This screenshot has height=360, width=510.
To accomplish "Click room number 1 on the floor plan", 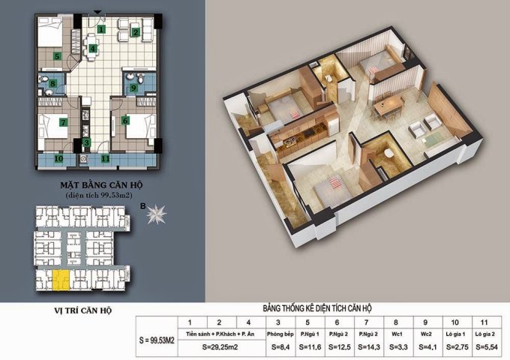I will (100, 29).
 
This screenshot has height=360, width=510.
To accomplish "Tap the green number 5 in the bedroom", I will (57, 56).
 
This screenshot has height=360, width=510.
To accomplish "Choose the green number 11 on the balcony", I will (106, 158).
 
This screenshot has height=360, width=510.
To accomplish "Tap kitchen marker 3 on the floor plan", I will (86, 142).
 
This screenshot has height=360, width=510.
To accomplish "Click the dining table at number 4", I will (92, 49).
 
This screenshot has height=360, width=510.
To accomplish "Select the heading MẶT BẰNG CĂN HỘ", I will (94, 183).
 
